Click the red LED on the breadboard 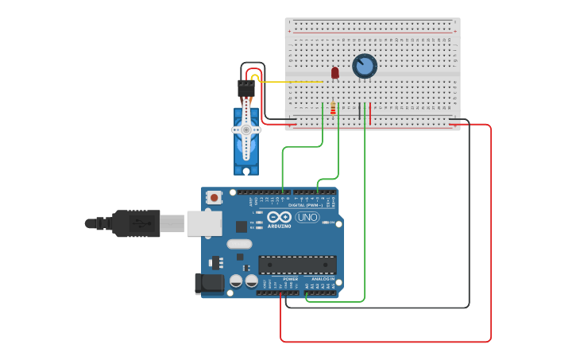point(335,72)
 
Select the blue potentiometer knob point(365,66)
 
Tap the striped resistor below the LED point(332,109)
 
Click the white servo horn point(246,129)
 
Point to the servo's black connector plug point(246,88)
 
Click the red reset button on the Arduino point(214,197)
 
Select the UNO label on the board point(307,217)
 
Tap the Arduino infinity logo point(279,217)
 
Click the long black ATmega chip point(297,265)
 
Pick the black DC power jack point(209,283)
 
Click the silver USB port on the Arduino point(204,223)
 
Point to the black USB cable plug point(135,223)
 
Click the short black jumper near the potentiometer point(360,113)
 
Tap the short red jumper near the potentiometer point(370,113)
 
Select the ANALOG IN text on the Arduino point(322,279)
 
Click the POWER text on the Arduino point(291,279)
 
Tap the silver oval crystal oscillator point(238,245)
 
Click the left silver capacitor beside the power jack point(236,281)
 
